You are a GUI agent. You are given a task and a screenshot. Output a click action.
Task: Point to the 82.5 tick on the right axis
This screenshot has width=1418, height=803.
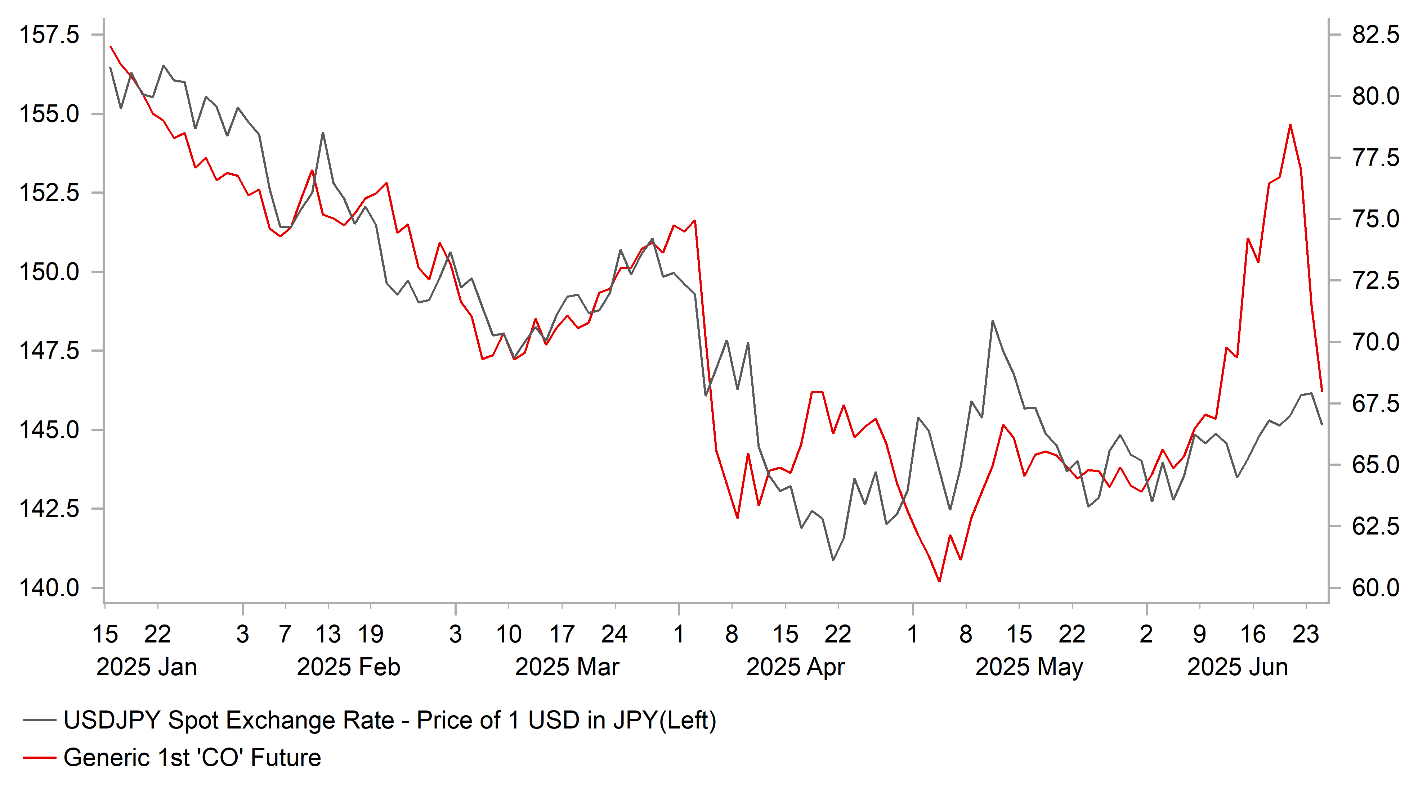1375,35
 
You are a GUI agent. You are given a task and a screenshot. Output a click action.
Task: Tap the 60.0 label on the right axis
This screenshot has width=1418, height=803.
1375,588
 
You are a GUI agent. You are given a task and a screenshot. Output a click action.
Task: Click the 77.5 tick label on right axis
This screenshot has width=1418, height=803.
1375,158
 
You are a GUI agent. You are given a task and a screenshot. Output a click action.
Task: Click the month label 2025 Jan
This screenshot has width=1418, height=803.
146,667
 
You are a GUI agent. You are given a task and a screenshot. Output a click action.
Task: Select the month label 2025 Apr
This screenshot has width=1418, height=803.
795,667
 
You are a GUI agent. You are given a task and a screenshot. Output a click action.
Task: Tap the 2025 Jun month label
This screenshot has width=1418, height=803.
1237,667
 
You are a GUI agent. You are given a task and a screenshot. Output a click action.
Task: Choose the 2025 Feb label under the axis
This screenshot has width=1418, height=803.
348,667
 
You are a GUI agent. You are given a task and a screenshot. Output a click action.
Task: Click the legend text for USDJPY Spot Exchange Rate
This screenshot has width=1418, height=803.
390,720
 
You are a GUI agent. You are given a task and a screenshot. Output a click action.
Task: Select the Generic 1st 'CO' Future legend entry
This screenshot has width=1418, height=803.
192,758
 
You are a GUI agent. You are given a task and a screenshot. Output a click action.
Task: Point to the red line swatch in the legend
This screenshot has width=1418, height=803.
39,758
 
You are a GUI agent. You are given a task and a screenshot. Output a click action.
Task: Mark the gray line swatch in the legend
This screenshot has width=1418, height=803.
39,720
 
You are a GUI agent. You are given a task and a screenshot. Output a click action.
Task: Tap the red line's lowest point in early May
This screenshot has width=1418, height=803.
939,581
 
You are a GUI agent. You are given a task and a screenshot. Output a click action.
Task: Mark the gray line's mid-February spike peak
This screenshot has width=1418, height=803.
323,132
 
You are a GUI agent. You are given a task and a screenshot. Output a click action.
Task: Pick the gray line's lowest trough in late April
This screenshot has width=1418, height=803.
833,560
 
